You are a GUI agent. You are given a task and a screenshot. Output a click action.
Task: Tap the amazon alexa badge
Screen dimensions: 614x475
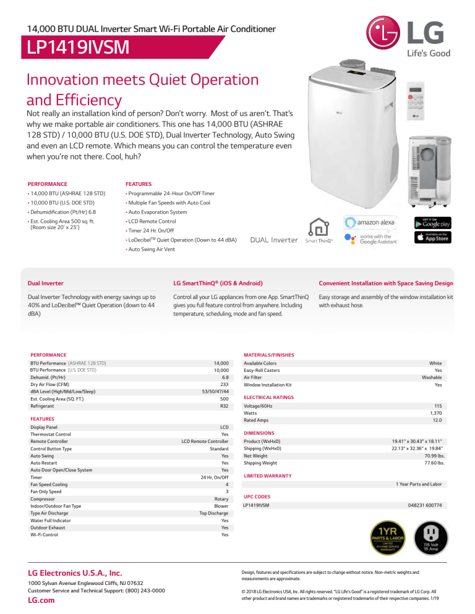point(370,222)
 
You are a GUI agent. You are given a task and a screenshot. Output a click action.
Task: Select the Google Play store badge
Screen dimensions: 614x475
point(435,222)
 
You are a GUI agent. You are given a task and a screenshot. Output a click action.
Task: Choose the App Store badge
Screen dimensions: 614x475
point(435,238)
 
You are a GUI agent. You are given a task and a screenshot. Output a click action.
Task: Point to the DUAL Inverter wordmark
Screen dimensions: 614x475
point(274,240)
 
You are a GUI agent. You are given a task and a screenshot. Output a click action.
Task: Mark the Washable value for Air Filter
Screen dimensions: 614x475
point(440,377)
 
